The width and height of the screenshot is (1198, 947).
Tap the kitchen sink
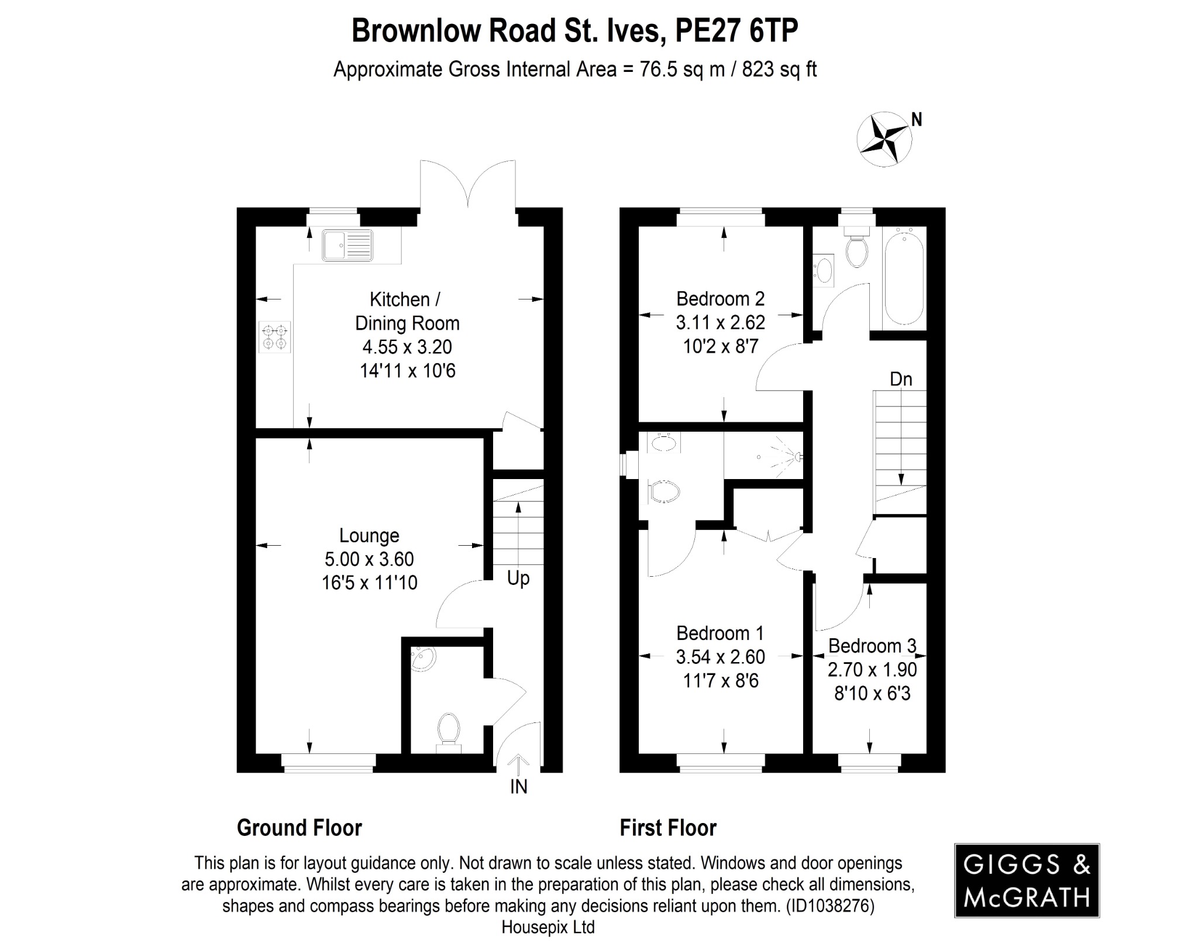(x=347, y=245)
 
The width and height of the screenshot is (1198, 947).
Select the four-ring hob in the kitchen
(x=275, y=338)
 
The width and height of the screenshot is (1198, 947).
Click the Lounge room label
(x=369, y=535)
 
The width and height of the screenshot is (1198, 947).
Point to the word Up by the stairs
(x=518, y=578)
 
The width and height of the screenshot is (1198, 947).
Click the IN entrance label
(x=518, y=787)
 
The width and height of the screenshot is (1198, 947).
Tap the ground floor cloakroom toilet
(x=449, y=729)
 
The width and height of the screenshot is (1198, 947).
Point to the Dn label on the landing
(x=901, y=379)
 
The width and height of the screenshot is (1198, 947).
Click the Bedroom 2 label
(x=720, y=299)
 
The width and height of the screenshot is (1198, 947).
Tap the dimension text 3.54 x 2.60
(x=720, y=657)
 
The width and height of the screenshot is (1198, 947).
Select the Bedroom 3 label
(x=872, y=646)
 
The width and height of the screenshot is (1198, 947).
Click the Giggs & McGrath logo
(x=1027, y=880)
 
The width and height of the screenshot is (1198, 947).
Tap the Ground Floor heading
(x=299, y=828)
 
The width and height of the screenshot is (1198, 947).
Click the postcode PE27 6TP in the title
(x=736, y=30)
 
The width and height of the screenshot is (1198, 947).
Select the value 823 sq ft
(x=779, y=70)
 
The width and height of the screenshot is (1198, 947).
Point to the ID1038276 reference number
(x=831, y=906)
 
